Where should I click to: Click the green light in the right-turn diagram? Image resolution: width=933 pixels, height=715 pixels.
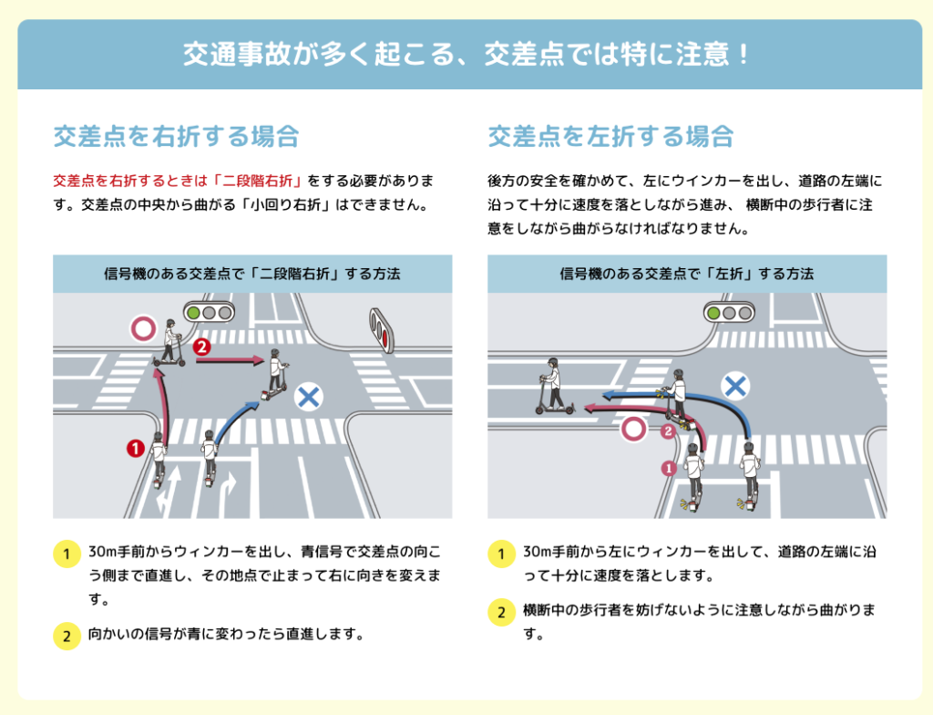[x=193, y=312]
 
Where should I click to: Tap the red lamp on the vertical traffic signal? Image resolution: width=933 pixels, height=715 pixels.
[x=384, y=339]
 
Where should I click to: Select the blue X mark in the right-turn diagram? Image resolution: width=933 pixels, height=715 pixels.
[x=309, y=397]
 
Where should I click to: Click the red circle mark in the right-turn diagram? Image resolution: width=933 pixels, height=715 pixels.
[x=143, y=328]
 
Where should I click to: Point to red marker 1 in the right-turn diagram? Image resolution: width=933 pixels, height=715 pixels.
[x=135, y=448]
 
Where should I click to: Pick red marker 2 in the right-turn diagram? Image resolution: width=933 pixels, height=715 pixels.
[x=202, y=347]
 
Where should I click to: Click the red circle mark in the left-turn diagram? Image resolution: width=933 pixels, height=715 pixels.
[x=634, y=429]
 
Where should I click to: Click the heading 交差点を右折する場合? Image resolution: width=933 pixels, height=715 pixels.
[x=177, y=137]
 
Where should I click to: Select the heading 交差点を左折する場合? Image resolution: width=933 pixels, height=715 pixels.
[x=611, y=137]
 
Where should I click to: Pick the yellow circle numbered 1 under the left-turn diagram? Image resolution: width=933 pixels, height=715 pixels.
[x=500, y=554]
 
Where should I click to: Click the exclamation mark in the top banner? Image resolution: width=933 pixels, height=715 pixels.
[x=743, y=53]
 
